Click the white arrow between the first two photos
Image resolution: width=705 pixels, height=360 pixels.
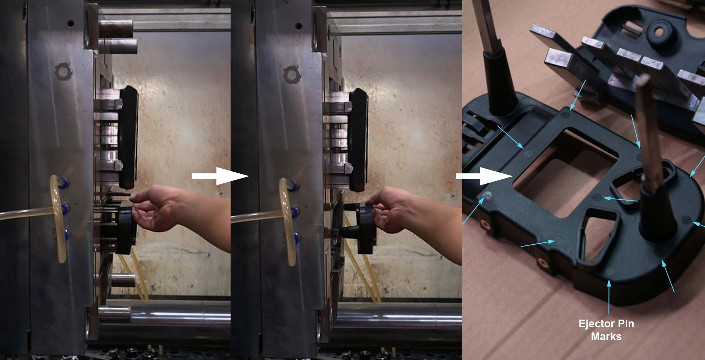pyautogui.click(x=220, y=176)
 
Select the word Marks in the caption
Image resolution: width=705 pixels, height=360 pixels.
pyautogui.click(x=606, y=336)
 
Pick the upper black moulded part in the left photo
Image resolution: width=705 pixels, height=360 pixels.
pyautogui.click(x=129, y=136)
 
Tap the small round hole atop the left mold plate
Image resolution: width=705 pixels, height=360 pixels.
pyautogui.click(x=70, y=24)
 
